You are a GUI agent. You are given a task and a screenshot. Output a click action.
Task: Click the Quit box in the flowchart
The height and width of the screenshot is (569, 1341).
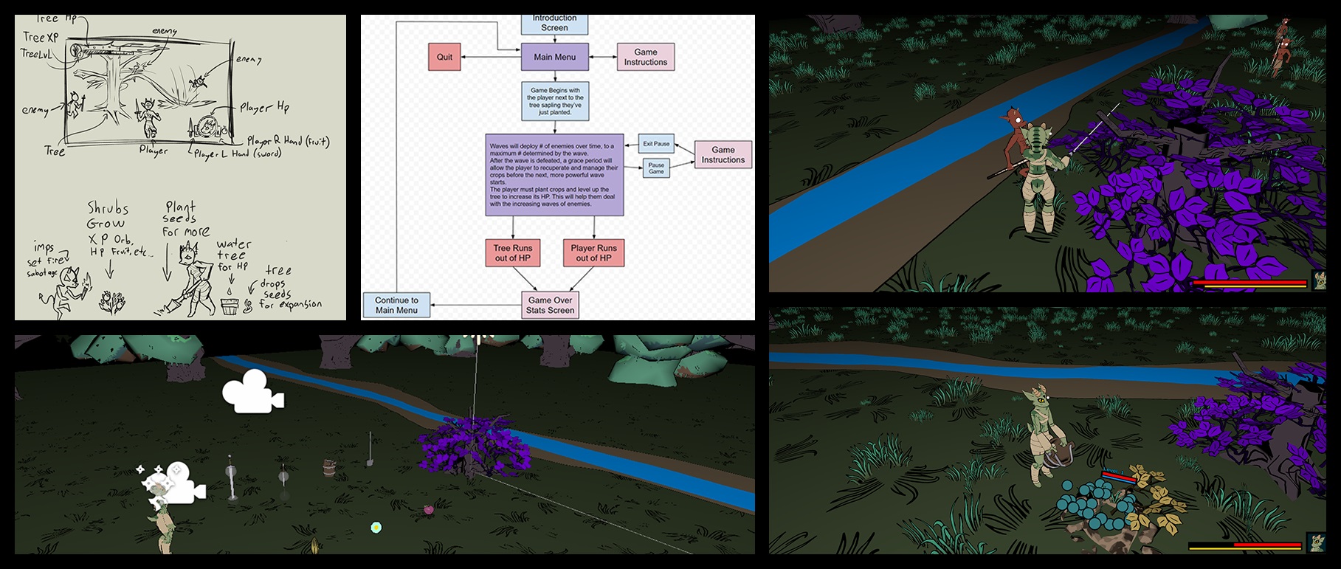click(x=444, y=57)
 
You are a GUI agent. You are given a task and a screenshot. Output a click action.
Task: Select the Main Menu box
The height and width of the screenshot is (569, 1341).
click(x=554, y=57)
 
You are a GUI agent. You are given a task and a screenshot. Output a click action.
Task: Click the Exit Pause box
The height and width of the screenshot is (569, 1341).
click(x=656, y=144)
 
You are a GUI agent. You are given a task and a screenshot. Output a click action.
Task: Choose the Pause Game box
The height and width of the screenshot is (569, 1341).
click(x=656, y=168)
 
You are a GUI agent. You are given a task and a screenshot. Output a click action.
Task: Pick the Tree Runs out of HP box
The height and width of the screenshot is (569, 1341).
click(x=513, y=253)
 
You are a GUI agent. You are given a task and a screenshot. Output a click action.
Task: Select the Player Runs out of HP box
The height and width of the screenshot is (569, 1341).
click(x=593, y=253)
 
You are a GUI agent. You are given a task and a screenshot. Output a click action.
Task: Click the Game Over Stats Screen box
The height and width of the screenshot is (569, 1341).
click(x=550, y=305)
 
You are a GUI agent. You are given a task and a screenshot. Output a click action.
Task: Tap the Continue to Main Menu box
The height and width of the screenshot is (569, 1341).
click(x=396, y=305)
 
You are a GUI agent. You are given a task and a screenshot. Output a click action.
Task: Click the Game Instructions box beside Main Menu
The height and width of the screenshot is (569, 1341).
click(x=645, y=57)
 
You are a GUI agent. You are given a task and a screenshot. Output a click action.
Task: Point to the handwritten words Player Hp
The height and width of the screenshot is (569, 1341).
click(x=264, y=108)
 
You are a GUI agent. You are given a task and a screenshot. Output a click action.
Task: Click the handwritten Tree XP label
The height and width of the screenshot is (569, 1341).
click(x=41, y=37)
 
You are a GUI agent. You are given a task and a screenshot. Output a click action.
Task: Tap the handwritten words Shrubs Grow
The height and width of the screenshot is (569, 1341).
click(x=108, y=215)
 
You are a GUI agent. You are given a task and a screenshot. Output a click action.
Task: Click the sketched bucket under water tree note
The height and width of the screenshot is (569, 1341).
click(x=231, y=304)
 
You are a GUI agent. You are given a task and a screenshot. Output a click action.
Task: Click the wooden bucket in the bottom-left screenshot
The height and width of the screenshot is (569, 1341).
click(x=329, y=467)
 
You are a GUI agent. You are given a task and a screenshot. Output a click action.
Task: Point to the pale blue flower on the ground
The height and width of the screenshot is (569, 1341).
click(x=376, y=527)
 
